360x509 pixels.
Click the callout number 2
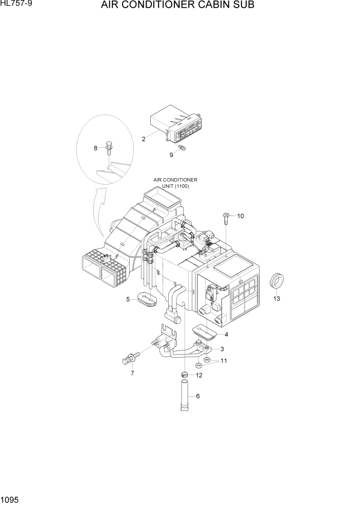click(144, 139)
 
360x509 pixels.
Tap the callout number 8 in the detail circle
click(95, 148)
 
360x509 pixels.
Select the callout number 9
click(171, 155)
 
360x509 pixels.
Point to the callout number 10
click(241, 216)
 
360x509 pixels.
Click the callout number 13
click(276, 299)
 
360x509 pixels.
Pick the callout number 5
click(128, 300)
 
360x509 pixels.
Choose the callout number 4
click(227, 335)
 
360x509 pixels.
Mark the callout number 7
click(132, 373)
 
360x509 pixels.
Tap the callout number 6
click(198, 396)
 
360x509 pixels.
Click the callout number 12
click(199, 376)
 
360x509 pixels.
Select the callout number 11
click(224, 361)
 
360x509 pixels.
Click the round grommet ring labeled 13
click(276, 282)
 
